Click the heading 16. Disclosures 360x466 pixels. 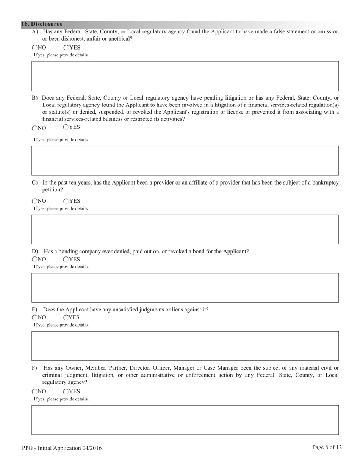42,24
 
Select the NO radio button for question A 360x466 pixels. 35,48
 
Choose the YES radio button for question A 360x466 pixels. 66,48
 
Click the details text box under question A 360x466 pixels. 185,76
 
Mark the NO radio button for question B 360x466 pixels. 35,128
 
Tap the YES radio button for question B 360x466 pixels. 66,127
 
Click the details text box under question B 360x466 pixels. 185,160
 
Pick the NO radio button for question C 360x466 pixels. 35,201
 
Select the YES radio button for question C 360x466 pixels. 66,201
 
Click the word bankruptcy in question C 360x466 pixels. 326,183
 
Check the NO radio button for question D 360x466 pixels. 35,260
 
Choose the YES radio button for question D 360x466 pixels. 66,260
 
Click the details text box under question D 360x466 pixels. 185,287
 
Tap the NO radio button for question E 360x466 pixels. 35,317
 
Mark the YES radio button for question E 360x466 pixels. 66,317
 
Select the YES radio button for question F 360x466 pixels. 66,391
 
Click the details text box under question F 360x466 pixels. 185,420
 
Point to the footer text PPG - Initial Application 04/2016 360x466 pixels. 62,448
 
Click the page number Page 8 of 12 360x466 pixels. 327,447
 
